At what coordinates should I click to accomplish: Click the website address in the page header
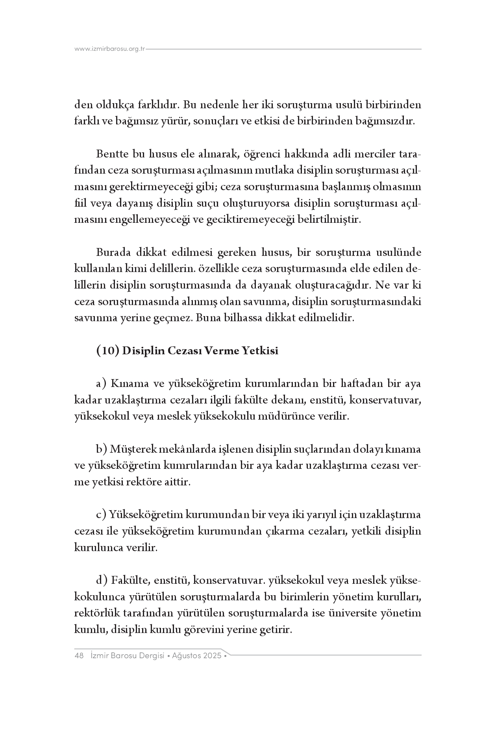(110, 49)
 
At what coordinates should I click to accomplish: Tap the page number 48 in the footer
(79, 656)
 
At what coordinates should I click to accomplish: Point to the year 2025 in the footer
(212, 656)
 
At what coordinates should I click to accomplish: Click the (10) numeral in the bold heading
(107, 350)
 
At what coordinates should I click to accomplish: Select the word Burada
(113, 252)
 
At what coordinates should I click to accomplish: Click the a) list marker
(102, 383)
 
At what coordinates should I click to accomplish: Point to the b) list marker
(102, 449)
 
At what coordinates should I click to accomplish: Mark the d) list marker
(102, 580)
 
